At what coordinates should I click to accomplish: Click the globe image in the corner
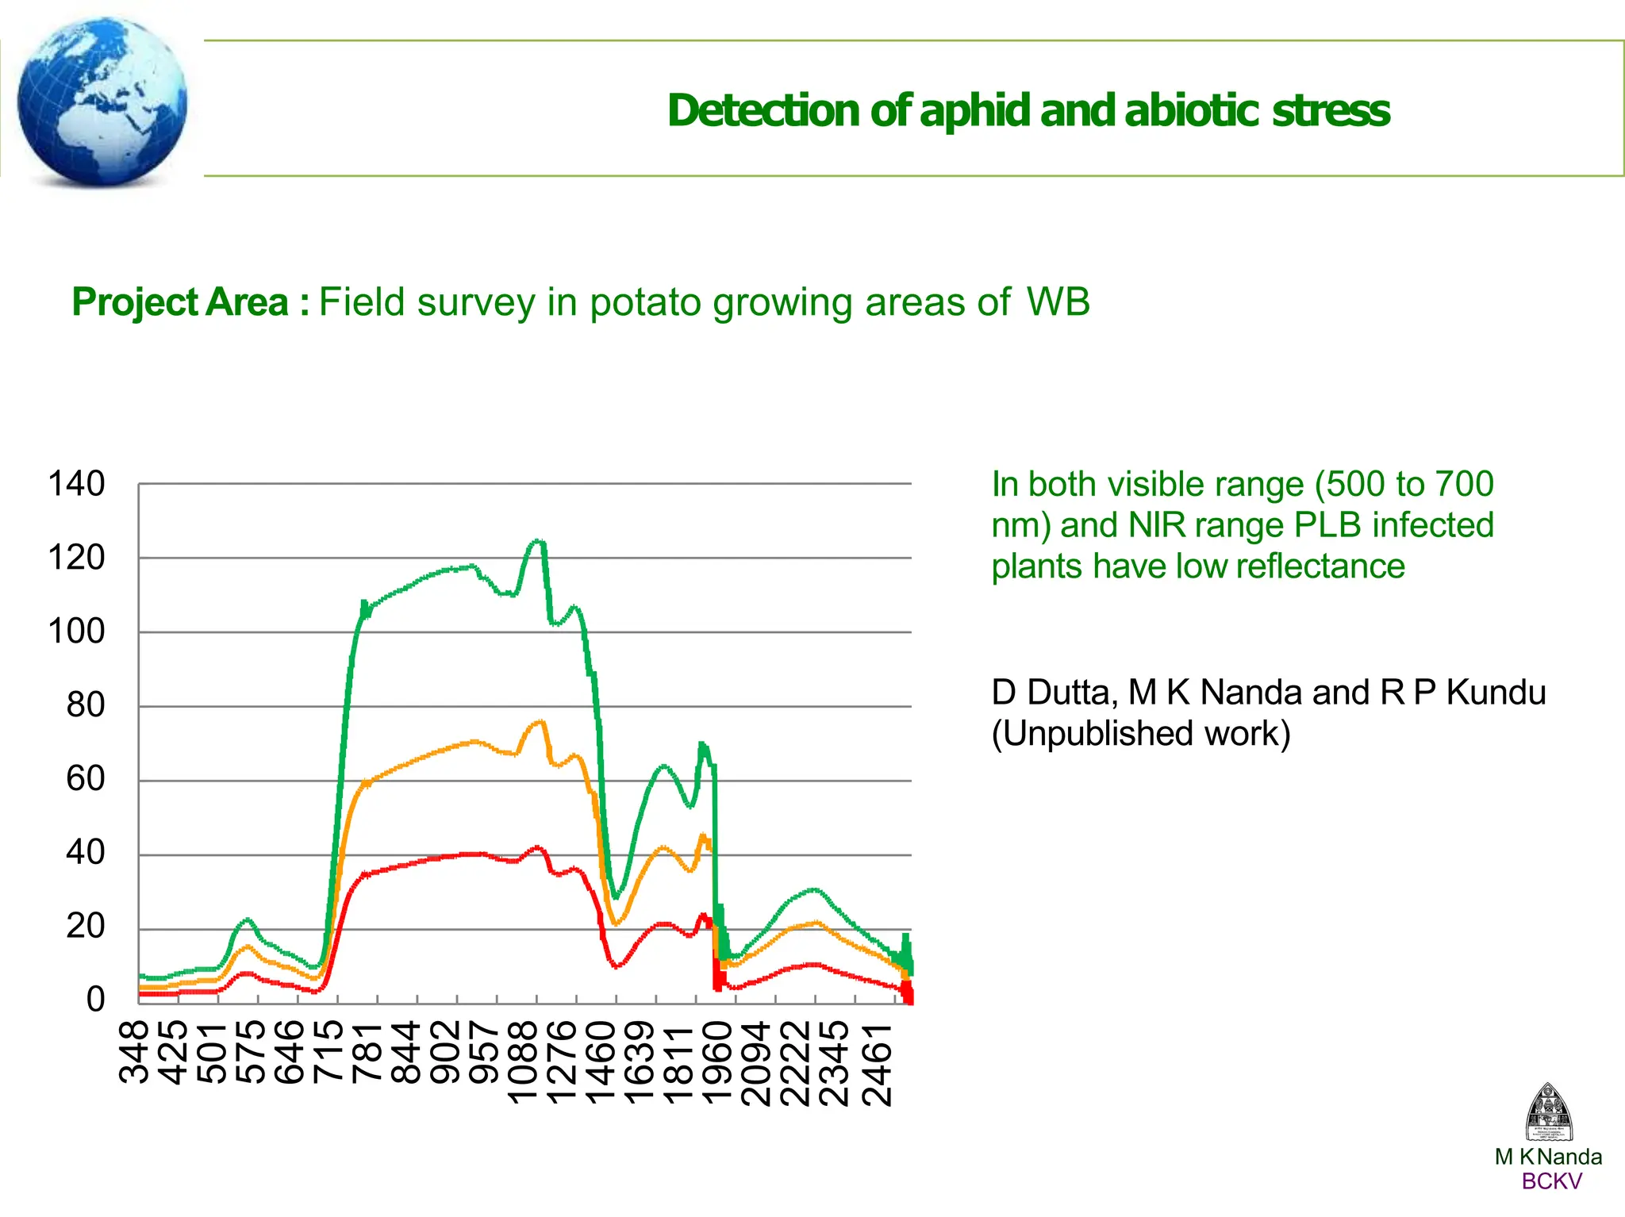pos(102,102)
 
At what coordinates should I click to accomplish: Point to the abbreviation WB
pos(1058,302)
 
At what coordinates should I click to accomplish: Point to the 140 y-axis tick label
pos(76,484)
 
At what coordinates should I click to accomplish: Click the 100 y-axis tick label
pos(76,632)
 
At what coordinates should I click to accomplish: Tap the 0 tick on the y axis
pos(95,999)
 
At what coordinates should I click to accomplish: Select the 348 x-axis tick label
pos(135,1051)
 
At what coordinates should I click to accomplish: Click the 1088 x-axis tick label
pos(524,1063)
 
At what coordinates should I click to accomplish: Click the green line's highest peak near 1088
pos(537,541)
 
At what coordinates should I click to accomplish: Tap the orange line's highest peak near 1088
pos(540,721)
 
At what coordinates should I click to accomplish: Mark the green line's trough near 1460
pos(617,896)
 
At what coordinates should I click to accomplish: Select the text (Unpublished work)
pos(1140,733)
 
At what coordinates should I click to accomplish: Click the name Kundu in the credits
pos(1496,692)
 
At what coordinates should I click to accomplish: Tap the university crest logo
pos(1548,1112)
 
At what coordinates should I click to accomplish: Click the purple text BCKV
pos(1551,1181)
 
